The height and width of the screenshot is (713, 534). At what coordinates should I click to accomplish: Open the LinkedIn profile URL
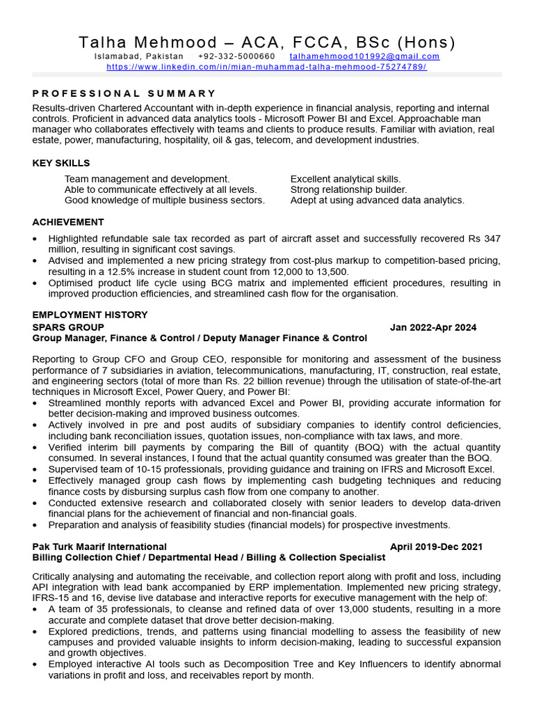point(266,67)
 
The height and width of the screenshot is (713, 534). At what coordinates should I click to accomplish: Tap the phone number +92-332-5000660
point(236,56)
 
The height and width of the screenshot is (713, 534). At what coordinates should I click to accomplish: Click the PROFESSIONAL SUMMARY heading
point(124,93)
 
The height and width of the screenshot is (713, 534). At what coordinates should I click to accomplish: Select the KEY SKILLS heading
point(61,163)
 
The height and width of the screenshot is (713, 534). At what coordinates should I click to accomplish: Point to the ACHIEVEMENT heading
point(68,222)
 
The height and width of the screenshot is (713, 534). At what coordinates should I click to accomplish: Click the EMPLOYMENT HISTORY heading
point(90,315)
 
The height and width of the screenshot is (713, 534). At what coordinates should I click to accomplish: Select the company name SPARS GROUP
point(68,327)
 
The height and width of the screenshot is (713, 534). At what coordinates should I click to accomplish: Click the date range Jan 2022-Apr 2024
point(433,327)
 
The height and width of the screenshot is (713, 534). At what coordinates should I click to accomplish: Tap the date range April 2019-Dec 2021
point(436,547)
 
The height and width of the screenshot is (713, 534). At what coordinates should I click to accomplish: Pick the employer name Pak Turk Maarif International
point(99,547)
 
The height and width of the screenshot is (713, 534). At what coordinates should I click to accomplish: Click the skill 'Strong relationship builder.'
point(348,189)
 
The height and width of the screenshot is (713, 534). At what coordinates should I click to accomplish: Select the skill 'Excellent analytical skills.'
point(346,179)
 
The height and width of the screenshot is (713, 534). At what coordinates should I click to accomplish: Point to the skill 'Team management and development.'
point(147,179)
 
